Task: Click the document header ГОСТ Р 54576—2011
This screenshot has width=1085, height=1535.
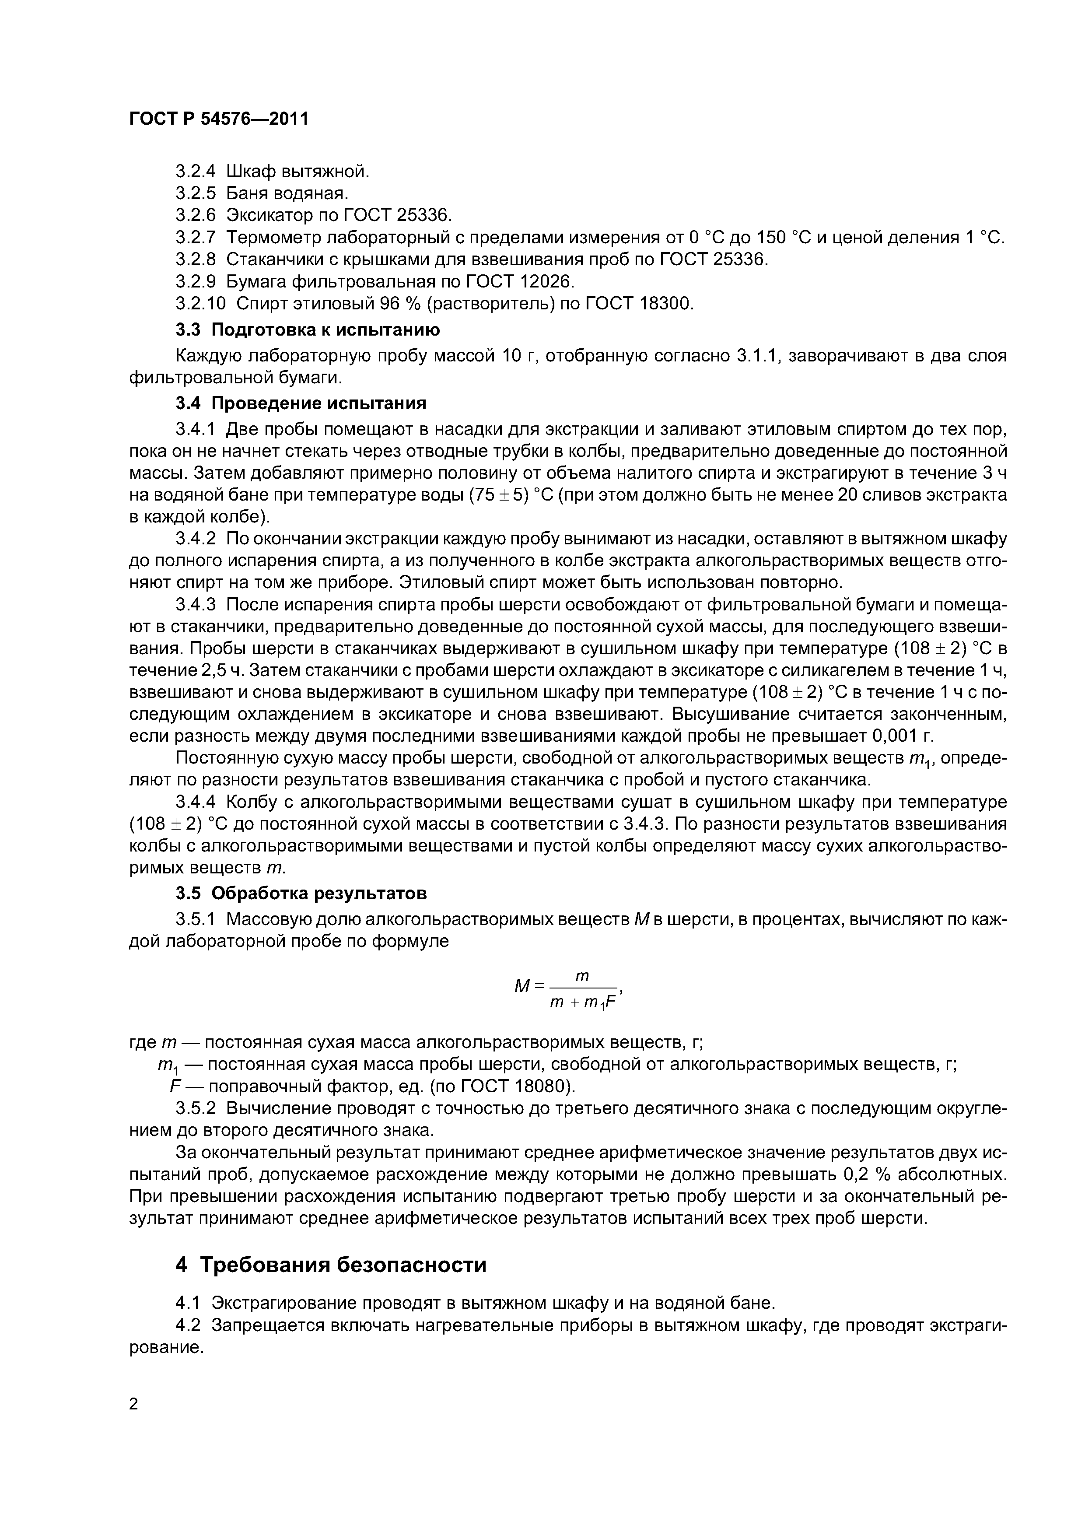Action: click(219, 119)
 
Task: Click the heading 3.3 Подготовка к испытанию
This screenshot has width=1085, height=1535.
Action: click(308, 329)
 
